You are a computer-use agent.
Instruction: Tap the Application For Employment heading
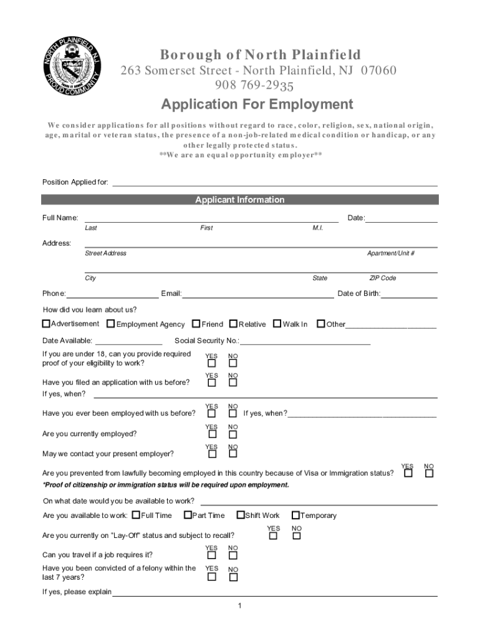(257, 104)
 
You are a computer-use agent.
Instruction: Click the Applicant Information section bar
(240, 200)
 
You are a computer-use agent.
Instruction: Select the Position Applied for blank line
(274, 182)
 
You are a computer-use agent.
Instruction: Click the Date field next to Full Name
(401, 218)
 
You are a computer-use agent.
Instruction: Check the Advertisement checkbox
(46, 324)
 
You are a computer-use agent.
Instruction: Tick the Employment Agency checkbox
(111, 324)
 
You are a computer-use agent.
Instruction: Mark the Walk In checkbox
(277, 324)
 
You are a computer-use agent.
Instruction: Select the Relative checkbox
(233, 324)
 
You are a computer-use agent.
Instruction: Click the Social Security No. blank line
(305, 341)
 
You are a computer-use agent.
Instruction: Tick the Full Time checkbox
(137, 515)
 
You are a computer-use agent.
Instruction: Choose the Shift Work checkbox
(240, 515)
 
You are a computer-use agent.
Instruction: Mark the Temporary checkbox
(295, 515)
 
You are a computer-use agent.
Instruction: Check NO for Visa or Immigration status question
(429, 474)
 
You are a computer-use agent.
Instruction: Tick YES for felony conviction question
(212, 577)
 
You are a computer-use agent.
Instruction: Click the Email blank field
(257, 294)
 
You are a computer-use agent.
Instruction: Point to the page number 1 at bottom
(239, 606)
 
